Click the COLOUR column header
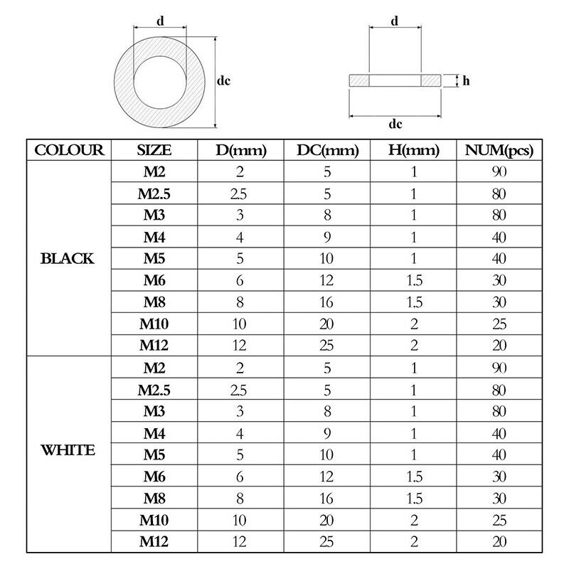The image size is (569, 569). [69, 150]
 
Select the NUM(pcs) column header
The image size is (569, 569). [499, 151]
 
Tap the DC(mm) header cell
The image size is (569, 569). [328, 151]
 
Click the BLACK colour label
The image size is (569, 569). [67, 258]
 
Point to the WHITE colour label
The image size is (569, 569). [68, 450]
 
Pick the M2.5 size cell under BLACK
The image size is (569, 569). [154, 193]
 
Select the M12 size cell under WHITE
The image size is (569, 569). [154, 541]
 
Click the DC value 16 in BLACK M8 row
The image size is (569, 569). [326, 302]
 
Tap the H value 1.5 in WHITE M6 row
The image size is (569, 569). [415, 477]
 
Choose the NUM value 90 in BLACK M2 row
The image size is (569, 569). [499, 171]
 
